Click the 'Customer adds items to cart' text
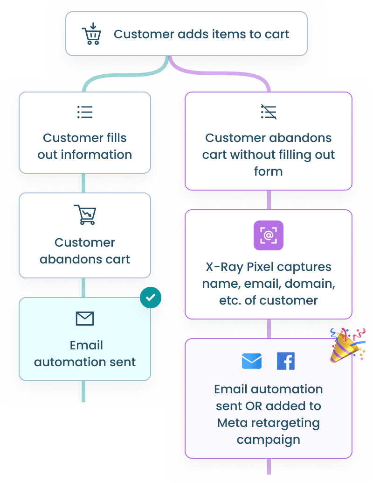pos(201,34)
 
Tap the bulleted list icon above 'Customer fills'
pos(85,112)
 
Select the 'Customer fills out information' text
pos(85,146)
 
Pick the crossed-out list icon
pos(269,112)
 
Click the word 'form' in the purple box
pos(269,171)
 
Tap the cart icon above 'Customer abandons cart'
pos(85,215)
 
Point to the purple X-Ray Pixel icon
pos(269,235)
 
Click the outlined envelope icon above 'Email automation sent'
pos(85,319)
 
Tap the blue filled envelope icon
pos(252,361)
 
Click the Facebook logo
pos(286,361)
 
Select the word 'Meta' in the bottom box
pos(231,423)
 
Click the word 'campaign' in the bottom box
pos(269,440)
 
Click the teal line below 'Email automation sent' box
pos(84,391)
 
